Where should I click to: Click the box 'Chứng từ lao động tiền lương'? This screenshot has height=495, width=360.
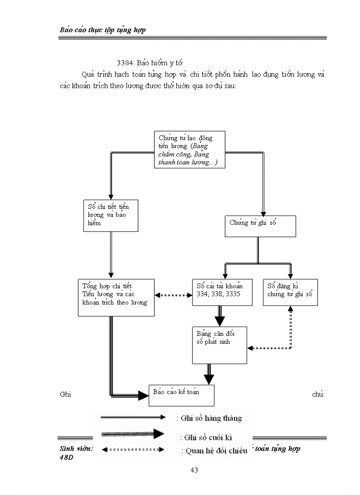coord(189,150)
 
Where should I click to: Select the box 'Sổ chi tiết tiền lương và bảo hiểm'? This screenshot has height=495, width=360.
coord(110,215)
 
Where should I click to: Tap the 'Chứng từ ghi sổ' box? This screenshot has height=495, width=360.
coord(260,226)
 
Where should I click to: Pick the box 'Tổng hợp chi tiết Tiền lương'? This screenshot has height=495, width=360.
coord(116,297)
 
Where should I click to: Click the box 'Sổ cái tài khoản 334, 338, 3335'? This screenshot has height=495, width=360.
coord(222,292)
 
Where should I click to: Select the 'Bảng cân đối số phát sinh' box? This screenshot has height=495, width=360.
coord(219,345)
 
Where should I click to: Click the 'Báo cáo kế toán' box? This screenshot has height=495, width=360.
coord(181,395)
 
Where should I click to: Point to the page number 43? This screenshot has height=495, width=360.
coord(194,470)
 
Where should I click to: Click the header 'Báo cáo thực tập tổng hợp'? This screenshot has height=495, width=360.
coord(103,30)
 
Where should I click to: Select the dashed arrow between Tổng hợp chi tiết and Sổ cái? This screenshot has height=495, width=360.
coord(173,295)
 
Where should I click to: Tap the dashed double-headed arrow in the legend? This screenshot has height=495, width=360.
coord(133,450)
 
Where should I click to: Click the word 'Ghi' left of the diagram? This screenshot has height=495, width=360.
coord(65,394)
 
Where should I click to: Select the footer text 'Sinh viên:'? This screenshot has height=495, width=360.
coord(76,449)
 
